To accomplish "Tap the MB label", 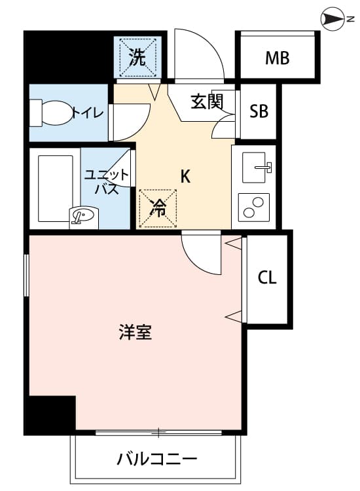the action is [278, 58].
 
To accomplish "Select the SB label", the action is [259, 111].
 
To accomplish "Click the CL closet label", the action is [267, 278].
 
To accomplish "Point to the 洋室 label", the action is [135, 332].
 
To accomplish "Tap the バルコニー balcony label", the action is [157, 460].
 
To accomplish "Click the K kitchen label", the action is [185, 176].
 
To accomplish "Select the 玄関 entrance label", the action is [207, 101].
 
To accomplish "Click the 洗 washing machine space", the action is [137, 57].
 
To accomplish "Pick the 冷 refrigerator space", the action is [158, 208].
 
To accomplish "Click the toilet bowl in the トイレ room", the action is [50, 113].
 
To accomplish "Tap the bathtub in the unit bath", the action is [56, 188].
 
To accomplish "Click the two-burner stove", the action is [254, 207].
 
